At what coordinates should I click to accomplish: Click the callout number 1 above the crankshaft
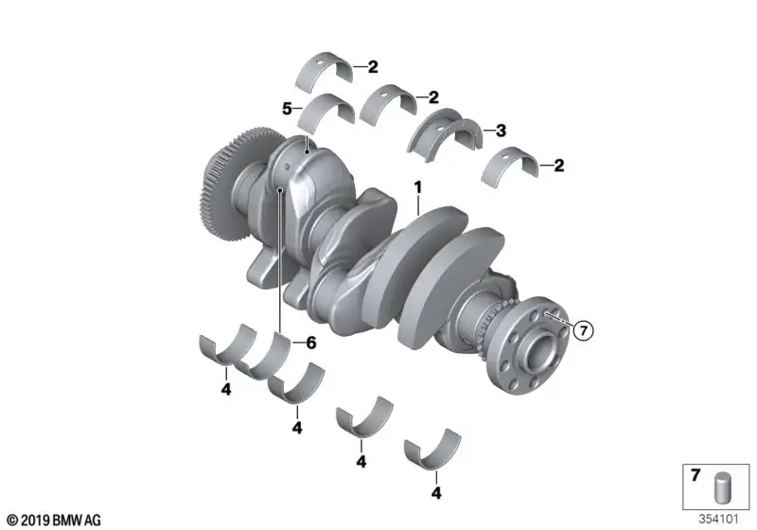coord(418,187)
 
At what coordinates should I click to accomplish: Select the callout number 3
coord(501,131)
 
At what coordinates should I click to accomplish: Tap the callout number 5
coord(287,109)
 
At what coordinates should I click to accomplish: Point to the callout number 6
coord(311,343)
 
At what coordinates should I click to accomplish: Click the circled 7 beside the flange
coord(584,330)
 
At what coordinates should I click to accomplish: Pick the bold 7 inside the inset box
coord(695,475)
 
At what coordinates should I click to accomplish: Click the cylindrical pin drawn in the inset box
coord(722,487)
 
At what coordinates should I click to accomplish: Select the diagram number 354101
coord(718,520)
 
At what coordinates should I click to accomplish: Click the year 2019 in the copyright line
coord(35,521)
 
